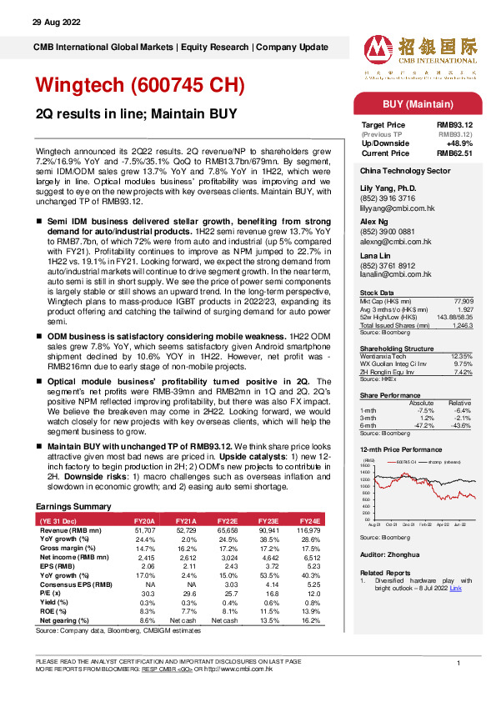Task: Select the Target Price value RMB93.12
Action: pyautogui.click(x=457, y=125)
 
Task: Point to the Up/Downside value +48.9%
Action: pyautogui.click(x=463, y=143)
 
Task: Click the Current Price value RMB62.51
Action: pyautogui.click(x=457, y=152)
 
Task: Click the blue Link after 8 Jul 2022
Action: pyautogui.click(x=455, y=588)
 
